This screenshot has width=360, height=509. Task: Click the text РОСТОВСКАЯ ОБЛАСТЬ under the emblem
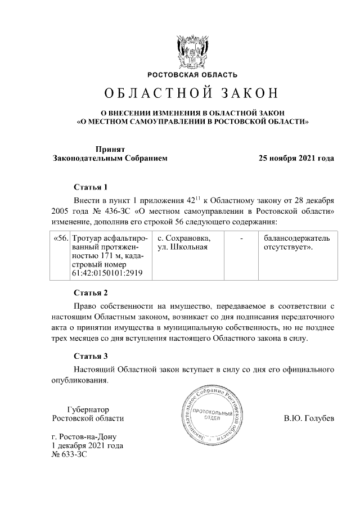[192, 75]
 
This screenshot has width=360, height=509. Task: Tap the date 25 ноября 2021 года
[296, 158]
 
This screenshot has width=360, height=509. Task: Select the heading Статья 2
[90, 292]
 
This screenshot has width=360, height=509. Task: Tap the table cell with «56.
[60, 238]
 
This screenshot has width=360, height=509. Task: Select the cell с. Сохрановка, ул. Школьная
[184, 242]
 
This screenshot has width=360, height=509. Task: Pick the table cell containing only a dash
[241, 238]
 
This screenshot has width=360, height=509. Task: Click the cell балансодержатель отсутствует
[294, 242]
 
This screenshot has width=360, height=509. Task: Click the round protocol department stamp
[212, 417]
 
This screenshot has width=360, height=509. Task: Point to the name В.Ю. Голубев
[309, 418]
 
